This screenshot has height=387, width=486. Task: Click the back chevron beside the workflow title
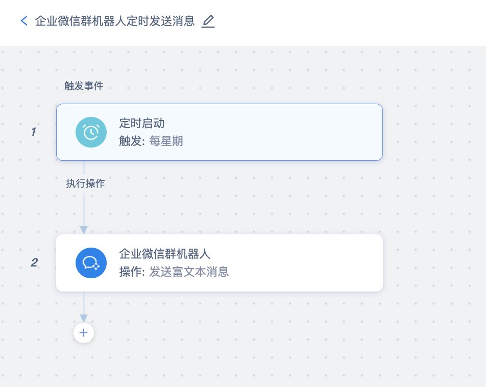tap(23, 21)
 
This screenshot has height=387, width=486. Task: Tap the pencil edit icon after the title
tap(208, 21)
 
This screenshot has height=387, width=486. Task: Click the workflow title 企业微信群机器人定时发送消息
tap(114, 21)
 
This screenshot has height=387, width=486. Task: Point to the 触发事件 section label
tap(84, 86)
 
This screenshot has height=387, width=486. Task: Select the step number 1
tap(33, 132)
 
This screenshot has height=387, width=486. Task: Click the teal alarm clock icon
tap(91, 132)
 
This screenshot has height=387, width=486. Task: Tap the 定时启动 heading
tap(142, 123)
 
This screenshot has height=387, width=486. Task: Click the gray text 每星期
tap(166, 141)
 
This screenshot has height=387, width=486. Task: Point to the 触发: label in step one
tap(132, 141)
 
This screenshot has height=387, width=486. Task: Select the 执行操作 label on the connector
tap(85, 183)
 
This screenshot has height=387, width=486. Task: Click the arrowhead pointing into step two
tap(84, 230)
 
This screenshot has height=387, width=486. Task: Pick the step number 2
tap(34, 262)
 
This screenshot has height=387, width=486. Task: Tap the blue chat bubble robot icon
tap(91, 263)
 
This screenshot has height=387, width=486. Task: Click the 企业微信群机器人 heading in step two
tap(165, 254)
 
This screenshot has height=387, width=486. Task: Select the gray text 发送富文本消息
tap(189, 272)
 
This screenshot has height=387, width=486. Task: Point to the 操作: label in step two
tap(132, 272)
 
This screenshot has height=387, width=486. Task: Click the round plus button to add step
tap(84, 333)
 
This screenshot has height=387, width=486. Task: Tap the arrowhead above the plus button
tap(84, 318)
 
